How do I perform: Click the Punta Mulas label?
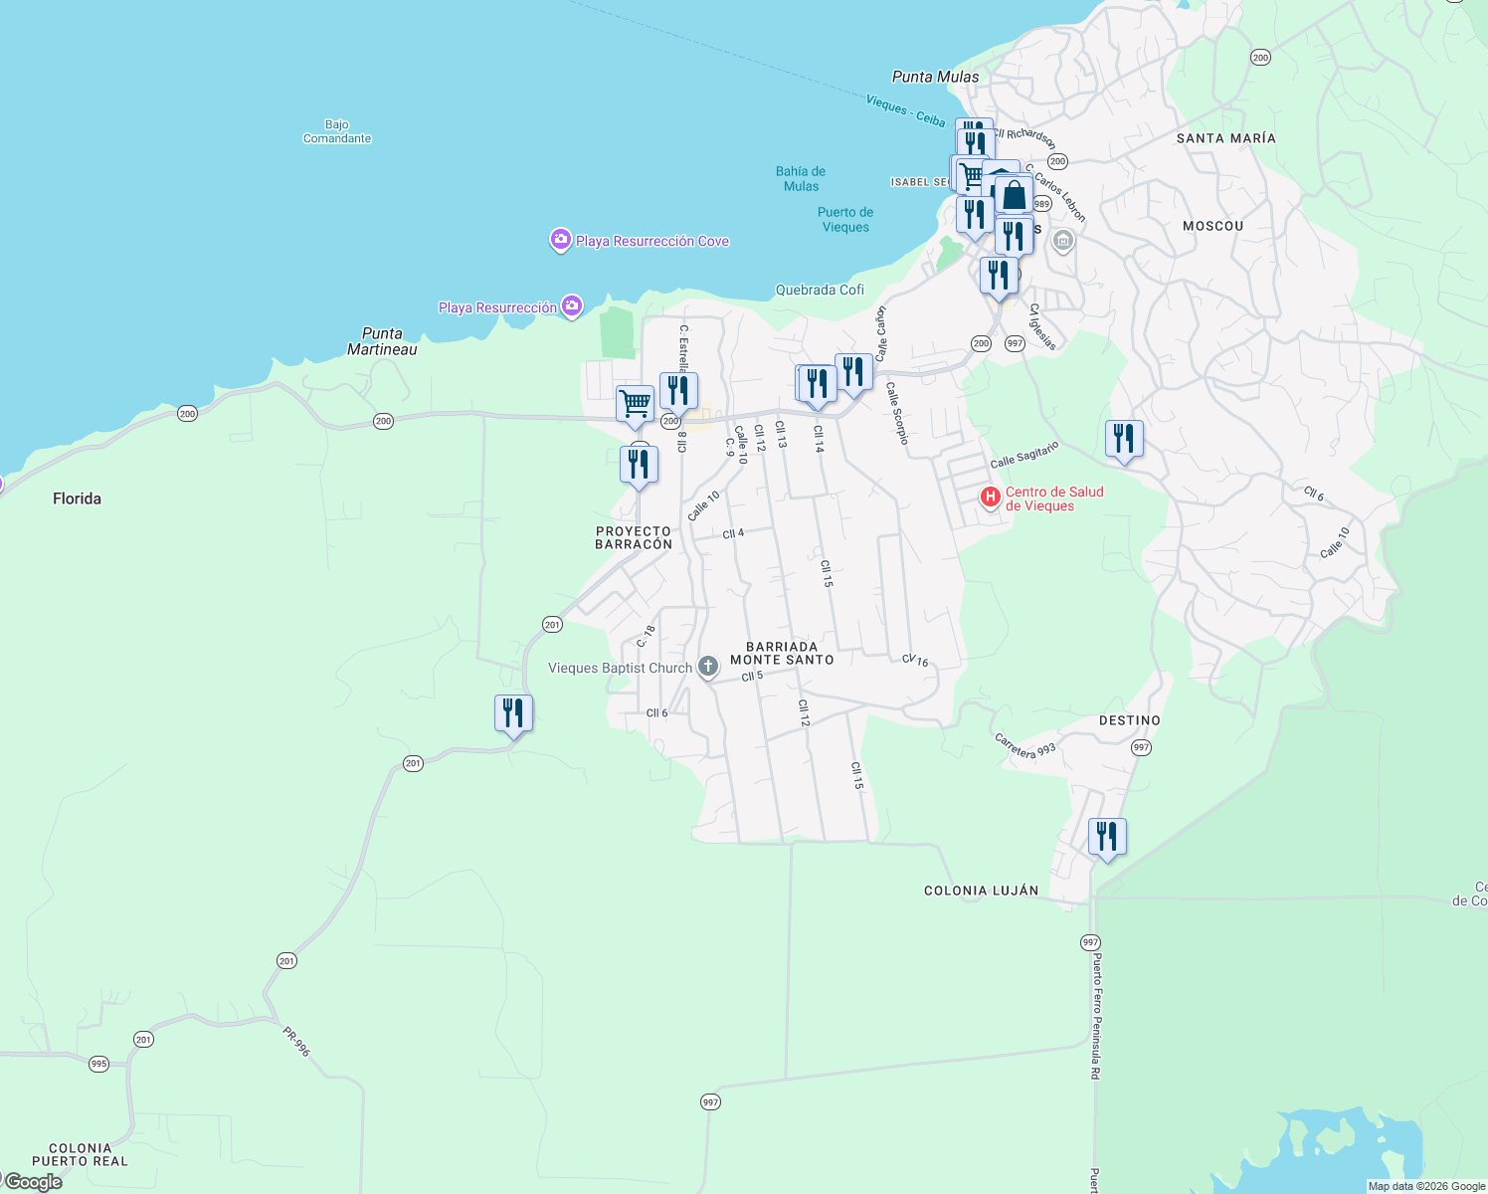(935, 77)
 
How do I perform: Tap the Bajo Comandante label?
(337, 131)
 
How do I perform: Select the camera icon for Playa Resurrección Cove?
(561, 240)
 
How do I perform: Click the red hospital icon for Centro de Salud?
(990, 497)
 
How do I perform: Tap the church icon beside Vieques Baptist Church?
(707, 667)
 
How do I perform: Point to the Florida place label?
(77, 498)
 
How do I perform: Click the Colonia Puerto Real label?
(80, 1154)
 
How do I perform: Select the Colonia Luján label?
(981, 891)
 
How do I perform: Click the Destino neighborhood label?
(1129, 720)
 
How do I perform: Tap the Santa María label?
(1225, 138)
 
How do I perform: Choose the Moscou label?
(1212, 226)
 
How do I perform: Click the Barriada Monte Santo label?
(782, 653)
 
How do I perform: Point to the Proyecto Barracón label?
(634, 537)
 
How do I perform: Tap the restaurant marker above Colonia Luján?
(1107, 838)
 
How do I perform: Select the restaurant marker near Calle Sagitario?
(1124, 440)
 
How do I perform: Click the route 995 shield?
(98, 1064)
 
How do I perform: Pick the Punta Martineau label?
(382, 341)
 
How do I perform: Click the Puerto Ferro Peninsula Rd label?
(1096, 1015)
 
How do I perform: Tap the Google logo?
(33, 1182)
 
